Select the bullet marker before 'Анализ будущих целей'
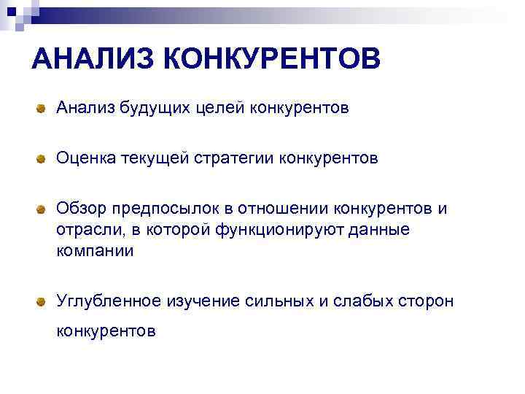pos(43,109)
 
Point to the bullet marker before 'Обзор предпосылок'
pos(43,210)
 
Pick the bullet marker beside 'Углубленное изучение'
pos(43,301)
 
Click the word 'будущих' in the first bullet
pos(145,109)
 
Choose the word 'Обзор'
pos(81,209)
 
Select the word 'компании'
pos(95,251)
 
